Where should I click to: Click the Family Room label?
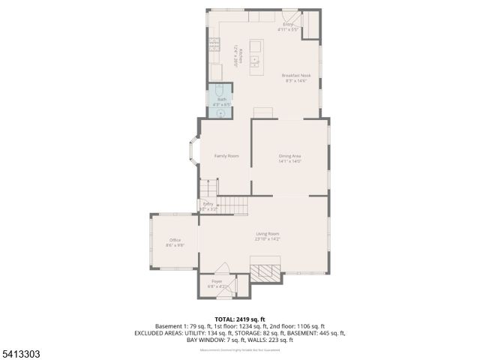226,156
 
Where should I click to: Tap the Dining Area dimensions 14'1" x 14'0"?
289,161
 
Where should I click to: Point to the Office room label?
175,240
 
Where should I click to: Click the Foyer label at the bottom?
216,281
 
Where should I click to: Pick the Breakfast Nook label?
295,75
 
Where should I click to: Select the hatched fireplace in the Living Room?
267,271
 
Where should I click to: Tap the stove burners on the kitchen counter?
214,52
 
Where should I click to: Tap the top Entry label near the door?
288,25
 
